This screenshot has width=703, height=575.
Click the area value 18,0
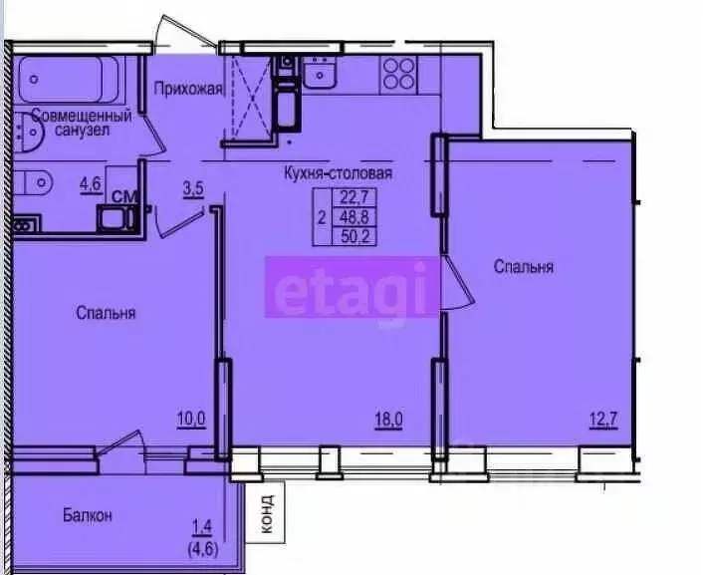pos(387,420)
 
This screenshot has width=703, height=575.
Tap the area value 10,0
pos(190,420)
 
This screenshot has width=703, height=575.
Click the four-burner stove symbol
pos(399,73)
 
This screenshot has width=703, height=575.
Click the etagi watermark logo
pos(351,287)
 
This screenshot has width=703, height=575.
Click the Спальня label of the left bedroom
pos(106,313)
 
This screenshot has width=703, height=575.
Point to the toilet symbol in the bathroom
pos(36,183)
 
